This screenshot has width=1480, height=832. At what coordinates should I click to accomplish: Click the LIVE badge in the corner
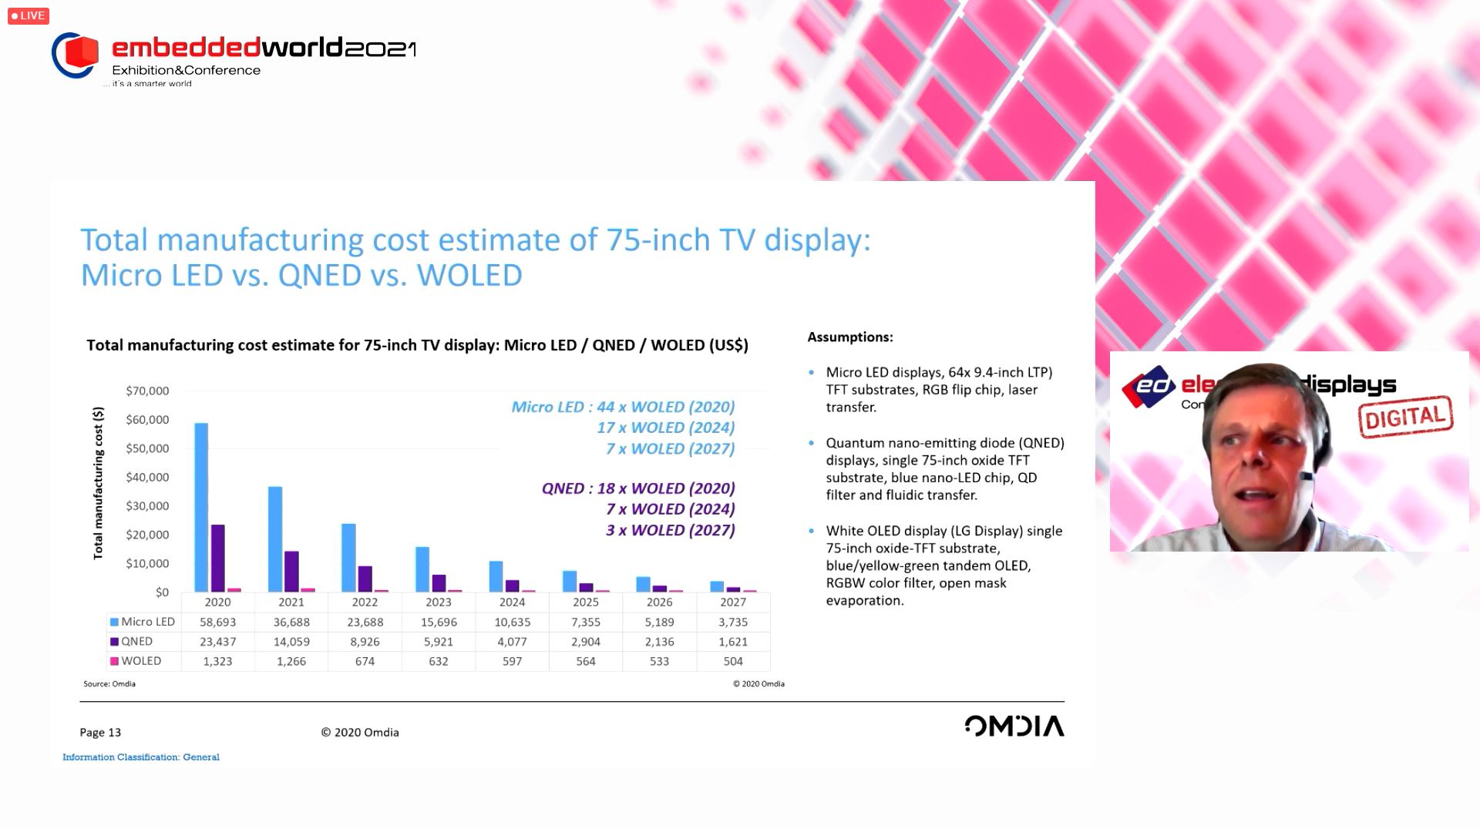(x=29, y=15)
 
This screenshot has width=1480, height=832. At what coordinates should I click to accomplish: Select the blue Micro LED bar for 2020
(x=201, y=507)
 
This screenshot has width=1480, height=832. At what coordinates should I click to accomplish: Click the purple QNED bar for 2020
(x=218, y=558)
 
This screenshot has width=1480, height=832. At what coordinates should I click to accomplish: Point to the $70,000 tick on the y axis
(x=147, y=391)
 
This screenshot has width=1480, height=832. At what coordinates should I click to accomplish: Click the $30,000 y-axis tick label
(x=147, y=506)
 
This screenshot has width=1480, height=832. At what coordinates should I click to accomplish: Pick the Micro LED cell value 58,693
(x=217, y=622)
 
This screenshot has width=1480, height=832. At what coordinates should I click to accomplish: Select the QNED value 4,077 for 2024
(x=512, y=642)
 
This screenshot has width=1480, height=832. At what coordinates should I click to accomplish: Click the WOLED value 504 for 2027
(x=733, y=661)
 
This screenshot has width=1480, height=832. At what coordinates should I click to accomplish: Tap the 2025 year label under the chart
(x=586, y=602)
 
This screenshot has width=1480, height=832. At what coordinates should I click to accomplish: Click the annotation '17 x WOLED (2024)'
(x=665, y=428)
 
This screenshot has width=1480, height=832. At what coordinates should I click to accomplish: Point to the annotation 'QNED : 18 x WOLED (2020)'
(x=638, y=488)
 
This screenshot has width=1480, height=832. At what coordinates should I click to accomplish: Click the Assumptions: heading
(x=850, y=337)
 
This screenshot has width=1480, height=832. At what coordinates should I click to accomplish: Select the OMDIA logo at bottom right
(x=1014, y=726)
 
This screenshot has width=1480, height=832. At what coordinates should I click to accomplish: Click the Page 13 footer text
(x=100, y=733)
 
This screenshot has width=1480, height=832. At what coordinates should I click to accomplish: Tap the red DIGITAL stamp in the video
(x=1405, y=417)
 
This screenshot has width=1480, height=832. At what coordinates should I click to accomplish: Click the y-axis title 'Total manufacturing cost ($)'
(x=98, y=483)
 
